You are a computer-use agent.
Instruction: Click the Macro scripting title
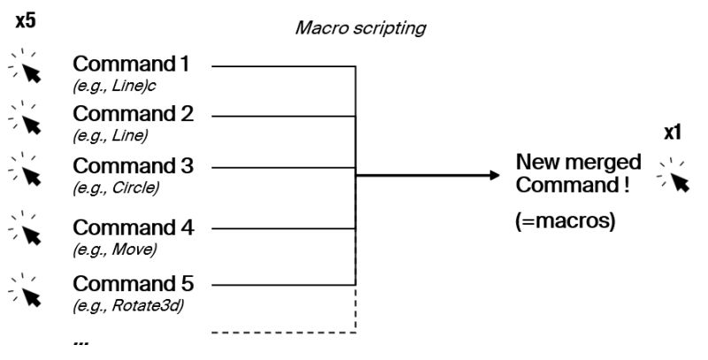pos(359,28)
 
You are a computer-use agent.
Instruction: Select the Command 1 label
pos(130,65)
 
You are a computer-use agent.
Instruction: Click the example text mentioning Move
pos(115,249)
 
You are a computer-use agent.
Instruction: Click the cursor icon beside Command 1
pos(27,69)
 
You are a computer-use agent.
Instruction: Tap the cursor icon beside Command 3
pos(27,170)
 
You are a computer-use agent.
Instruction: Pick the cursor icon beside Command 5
pos(27,287)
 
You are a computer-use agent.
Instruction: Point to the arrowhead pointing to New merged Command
pos(494,175)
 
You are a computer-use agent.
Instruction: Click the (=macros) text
pos(565,222)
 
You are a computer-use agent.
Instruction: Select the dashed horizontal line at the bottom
pos(283,333)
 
